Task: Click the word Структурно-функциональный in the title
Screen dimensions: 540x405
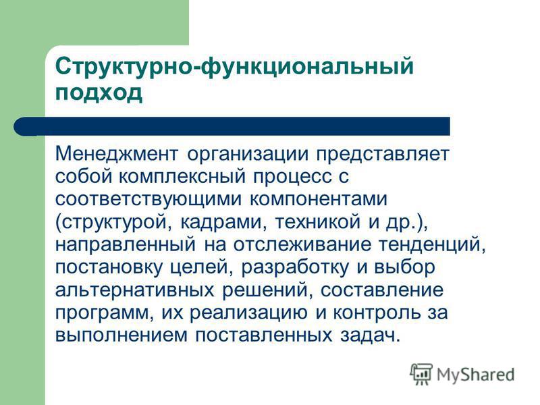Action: [234, 66]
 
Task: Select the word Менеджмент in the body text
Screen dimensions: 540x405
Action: [117, 154]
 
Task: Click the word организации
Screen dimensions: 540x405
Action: [248, 155]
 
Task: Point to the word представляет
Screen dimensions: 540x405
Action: [383, 155]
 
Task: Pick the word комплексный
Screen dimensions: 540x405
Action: [182, 176]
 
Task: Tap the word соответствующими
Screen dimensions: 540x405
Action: [148, 200]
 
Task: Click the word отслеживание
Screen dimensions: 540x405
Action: [302, 245]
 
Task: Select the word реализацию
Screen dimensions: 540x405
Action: [248, 313]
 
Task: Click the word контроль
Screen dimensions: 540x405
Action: [377, 313]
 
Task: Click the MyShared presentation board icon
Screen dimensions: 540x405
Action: [421, 374]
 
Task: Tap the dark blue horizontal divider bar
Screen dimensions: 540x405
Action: [232, 126]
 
